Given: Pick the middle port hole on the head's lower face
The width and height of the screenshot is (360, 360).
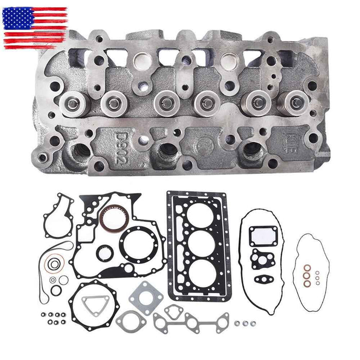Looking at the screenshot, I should pyautogui.click(x=167, y=151).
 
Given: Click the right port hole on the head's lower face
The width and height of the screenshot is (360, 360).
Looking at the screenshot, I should pyautogui.click(x=254, y=149).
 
